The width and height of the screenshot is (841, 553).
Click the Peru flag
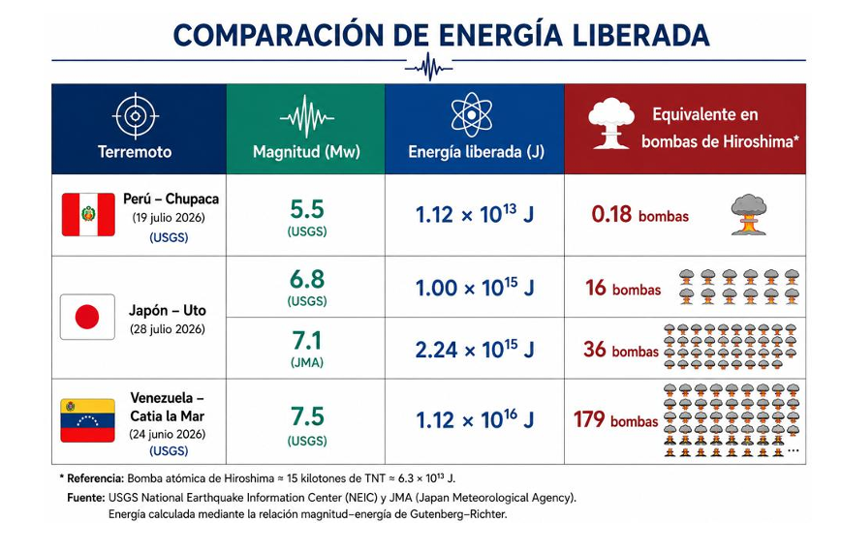coord(88,215)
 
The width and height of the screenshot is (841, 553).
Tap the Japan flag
coord(87,317)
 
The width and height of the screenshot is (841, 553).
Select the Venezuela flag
coord(87,420)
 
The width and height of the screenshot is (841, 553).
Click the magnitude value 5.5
coord(307,209)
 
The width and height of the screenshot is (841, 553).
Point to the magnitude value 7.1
coord(307,341)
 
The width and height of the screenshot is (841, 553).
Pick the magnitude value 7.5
coord(307,416)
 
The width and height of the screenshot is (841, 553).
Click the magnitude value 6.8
coord(307,280)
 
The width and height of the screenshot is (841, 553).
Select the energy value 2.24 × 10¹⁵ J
coord(475,350)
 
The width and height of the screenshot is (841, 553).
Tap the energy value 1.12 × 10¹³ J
coord(475,215)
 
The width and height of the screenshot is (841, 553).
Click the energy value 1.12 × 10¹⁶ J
coord(475,419)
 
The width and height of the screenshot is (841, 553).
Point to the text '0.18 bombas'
coord(639,215)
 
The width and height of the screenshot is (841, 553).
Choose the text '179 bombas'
coord(616,420)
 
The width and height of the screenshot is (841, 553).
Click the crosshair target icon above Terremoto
coord(136,116)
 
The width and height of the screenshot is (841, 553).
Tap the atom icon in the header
coord(472,115)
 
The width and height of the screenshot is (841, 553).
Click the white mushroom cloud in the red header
coord(611,123)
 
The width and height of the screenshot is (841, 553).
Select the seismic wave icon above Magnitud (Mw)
coord(307,117)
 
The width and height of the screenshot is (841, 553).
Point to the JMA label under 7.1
coord(307,363)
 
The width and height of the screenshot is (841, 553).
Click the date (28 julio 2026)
coord(168,329)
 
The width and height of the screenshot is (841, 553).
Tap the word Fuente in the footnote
coord(86,498)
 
